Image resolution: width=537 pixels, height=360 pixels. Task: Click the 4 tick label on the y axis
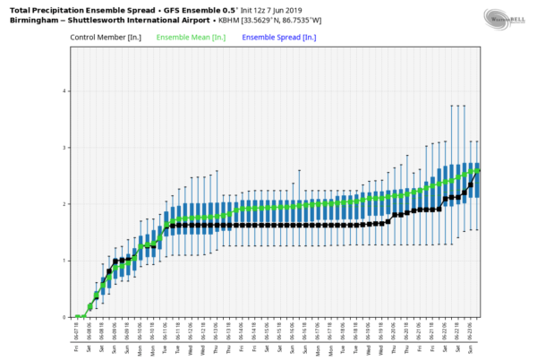pyautogui.click(x=64, y=91)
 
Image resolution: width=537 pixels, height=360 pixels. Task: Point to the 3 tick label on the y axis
pyautogui.click(x=64, y=148)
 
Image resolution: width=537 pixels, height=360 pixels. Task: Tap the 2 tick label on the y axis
pyautogui.click(x=64, y=204)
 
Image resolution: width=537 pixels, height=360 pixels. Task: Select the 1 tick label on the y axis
pyautogui.click(x=64, y=261)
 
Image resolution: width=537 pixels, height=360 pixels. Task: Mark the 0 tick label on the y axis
pyautogui.click(x=64, y=317)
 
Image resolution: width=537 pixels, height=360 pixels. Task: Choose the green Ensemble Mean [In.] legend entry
pyautogui.click(x=191, y=38)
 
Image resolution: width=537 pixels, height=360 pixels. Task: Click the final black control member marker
pyautogui.click(x=479, y=169)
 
